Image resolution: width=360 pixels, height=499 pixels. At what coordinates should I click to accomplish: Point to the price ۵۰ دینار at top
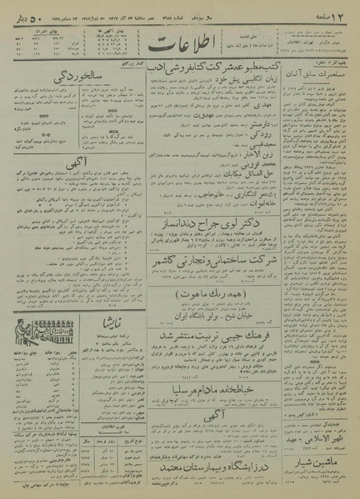pos(27,12)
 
